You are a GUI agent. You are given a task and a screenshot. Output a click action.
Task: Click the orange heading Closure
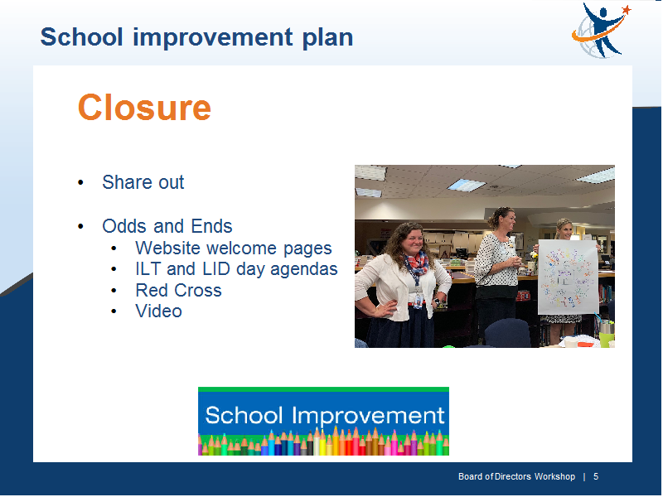tap(144, 108)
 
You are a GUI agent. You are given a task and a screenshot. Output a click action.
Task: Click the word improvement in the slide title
tap(213, 38)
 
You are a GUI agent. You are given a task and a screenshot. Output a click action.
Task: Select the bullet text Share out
tap(143, 182)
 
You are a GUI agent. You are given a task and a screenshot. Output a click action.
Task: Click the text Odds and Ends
tap(167, 226)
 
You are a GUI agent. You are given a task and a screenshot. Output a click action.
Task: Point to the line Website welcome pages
tap(234, 248)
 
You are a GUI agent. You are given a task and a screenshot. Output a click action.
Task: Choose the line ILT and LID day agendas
tap(236, 269)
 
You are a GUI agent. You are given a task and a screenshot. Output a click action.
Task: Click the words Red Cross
tap(178, 291)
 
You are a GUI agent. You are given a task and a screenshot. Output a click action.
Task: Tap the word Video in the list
tap(158, 311)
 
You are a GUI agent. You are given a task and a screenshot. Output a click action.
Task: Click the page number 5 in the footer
tap(596, 477)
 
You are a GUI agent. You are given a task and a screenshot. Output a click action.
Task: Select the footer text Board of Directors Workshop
tap(516, 477)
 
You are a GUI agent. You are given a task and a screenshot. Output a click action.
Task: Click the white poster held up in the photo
tap(568, 277)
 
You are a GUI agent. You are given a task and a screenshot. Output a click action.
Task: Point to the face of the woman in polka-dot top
tap(506, 221)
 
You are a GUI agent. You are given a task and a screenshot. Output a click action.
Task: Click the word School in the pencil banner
tap(244, 416)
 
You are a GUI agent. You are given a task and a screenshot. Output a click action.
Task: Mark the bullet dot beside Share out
tap(80, 183)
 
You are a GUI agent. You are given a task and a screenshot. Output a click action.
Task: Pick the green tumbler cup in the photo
tap(607, 334)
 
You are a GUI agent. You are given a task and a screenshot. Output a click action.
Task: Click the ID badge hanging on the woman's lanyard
tap(419, 301)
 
